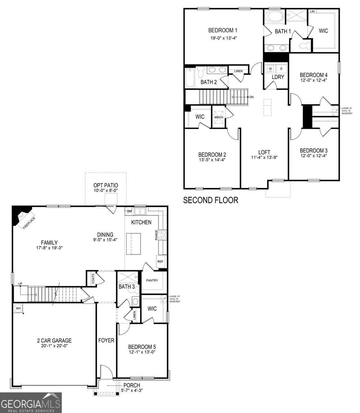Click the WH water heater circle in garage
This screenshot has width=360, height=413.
(18, 308)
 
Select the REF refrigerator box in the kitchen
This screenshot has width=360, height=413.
(160, 262)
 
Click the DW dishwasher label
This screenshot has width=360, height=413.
(129, 211)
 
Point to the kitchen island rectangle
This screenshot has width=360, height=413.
(134, 244)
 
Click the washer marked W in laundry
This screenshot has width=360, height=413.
(270, 68)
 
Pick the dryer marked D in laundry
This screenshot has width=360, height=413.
(281, 68)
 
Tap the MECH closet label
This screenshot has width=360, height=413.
(219, 117)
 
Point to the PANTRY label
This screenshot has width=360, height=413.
(152, 280)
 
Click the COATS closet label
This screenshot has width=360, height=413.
(93, 279)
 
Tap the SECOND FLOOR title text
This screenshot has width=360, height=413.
(210, 200)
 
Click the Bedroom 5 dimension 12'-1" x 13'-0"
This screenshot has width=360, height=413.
(142, 352)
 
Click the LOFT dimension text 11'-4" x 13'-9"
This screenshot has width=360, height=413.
(264, 157)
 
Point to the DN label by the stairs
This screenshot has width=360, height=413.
(252, 97)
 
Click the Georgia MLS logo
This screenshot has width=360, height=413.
(31, 403)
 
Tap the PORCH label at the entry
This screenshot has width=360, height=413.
(132, 385)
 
